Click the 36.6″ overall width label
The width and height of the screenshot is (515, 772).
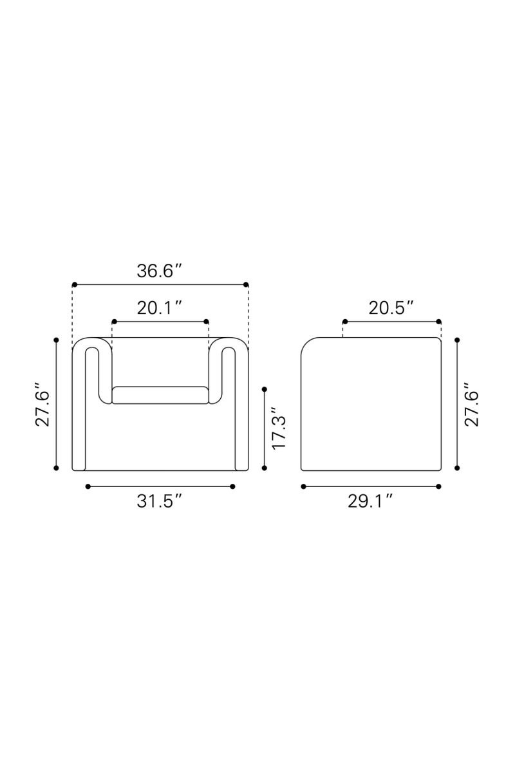tap(159, 271)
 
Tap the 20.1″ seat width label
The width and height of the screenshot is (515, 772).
tap(159, 308)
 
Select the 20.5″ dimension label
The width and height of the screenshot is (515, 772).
tap(391, 308)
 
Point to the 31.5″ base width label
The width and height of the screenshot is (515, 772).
tap(159, 501)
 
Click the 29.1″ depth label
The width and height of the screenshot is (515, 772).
tap(370, 501)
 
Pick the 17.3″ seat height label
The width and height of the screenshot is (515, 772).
tap(279, 428)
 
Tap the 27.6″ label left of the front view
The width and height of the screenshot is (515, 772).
tap(42, 404)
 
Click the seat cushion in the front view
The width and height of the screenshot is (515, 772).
tap(160, 395)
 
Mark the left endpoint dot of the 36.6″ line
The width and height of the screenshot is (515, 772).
tap(75, 284)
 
